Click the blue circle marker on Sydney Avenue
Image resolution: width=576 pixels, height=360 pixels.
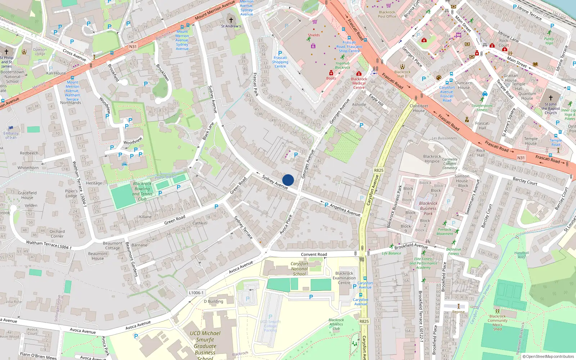tap(288, 180)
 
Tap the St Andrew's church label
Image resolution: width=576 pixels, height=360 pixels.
tap(231, 26)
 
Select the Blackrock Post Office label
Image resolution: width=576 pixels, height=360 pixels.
tap(387, 14)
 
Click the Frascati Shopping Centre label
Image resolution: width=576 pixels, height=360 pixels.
tap(280, 62)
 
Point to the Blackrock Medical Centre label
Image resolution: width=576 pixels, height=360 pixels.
tap(359, 83)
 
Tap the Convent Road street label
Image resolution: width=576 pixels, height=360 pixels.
tap(314, 254)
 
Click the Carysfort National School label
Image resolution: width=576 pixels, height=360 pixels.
tap(299, 269)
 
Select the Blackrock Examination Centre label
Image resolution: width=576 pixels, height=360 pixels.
tap(344, 278)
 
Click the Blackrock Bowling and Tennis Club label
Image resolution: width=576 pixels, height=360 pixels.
tap(142, 191)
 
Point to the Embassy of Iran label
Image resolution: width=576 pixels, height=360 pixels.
tap(11, 135)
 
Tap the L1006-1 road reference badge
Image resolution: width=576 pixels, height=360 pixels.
tap(196, 293)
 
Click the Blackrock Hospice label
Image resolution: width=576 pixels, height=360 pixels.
tap(432, 159)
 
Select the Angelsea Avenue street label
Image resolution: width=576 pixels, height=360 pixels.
tap(345, 210)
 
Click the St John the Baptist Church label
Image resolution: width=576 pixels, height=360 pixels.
tap(550, 108)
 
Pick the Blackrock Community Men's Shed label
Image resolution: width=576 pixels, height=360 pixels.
tap(498, 323)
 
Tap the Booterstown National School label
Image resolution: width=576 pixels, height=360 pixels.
tap(12, 77)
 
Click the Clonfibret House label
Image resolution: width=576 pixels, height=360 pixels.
tap(419, 108)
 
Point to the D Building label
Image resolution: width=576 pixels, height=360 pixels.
tap(213, 301)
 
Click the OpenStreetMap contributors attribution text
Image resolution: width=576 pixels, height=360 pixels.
tap(548, 357)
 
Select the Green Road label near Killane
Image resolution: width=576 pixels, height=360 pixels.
tap(175, 220)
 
